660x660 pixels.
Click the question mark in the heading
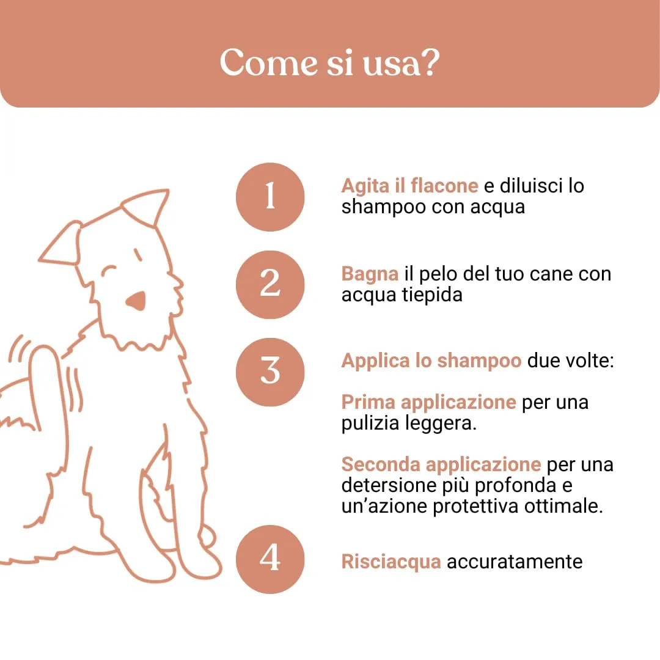tap(430, 62)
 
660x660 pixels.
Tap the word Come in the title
tap(268, 62)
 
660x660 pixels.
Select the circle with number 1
tap(270, 197)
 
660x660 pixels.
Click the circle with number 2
tap(270, 285)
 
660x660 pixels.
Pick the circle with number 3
tap(270, 372)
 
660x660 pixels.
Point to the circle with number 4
tap(270, 559)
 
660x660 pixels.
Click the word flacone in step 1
tap(444, 186)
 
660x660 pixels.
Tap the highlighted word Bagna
tap(370, 274)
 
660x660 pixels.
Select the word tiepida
tap(432, 295)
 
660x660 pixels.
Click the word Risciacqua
tap(391, 562)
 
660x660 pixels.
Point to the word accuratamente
tap(515, 562)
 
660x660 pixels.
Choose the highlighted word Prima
tap(369, 402)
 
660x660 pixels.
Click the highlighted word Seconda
tap(381, 464)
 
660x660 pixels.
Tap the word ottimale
tap(563, 506)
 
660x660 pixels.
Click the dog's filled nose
tap(136, 300)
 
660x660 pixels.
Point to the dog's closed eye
tap(109, 271)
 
